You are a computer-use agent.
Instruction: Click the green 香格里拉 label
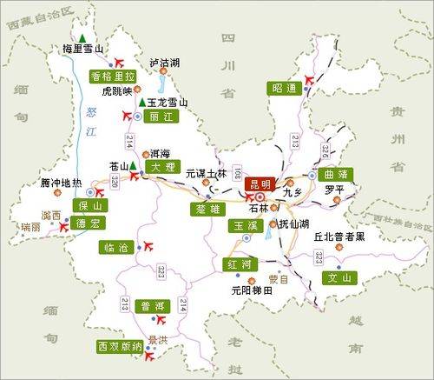113,76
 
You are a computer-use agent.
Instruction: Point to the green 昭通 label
283,88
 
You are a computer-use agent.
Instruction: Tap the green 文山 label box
340,278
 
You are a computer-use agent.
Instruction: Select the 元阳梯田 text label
252,291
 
